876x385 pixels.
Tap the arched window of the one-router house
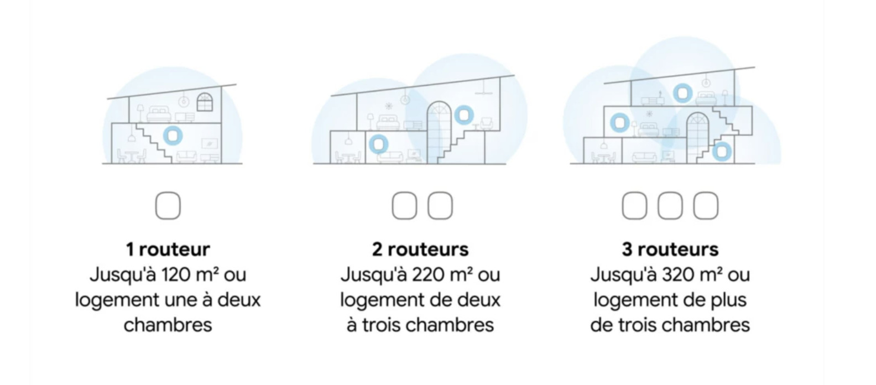(x=205, y=102)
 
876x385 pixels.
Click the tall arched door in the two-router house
(x=439, y=133)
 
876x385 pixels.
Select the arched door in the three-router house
(x=698, y=138)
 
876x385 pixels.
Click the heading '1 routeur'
(x=168, y=249)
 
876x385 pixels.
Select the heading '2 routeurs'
(x=420, y=249)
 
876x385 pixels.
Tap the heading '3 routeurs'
(x=670, y=249)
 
